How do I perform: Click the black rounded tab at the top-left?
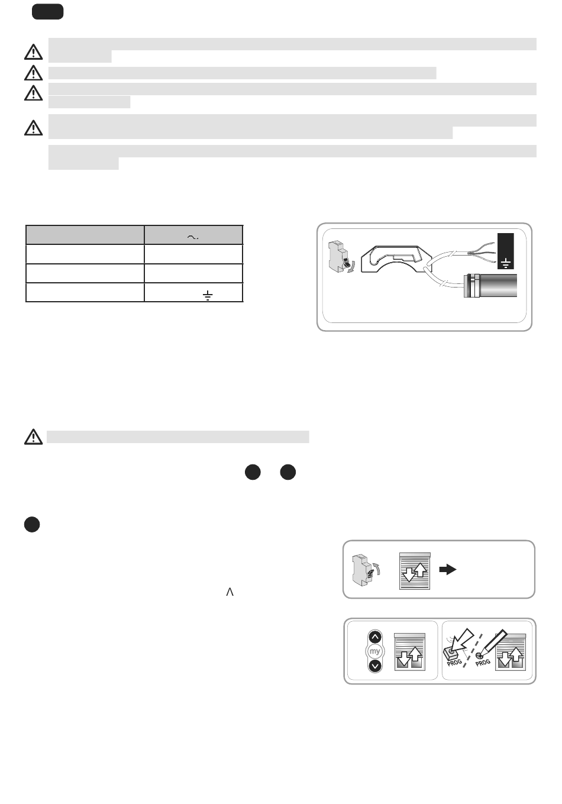click(48, 12)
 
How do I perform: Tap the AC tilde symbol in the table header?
click(193, 237)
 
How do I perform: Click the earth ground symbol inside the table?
click(208, 295)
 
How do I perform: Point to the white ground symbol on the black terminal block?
click(505, 263)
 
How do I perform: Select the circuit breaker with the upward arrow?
click(366, 570)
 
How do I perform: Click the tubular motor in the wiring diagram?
click(490, 285)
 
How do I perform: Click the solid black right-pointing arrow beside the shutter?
click(448, 569)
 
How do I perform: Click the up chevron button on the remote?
click(375, 637)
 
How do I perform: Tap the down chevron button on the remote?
click(375, 666)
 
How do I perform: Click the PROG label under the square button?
click(454, 662)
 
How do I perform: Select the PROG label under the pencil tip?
click(483, 662)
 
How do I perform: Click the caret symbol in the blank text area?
click(230, 592)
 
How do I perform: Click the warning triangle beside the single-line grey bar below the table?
click(33, 437)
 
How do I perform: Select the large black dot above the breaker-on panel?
click(32, 524)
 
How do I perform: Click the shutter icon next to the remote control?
click(409, 652)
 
